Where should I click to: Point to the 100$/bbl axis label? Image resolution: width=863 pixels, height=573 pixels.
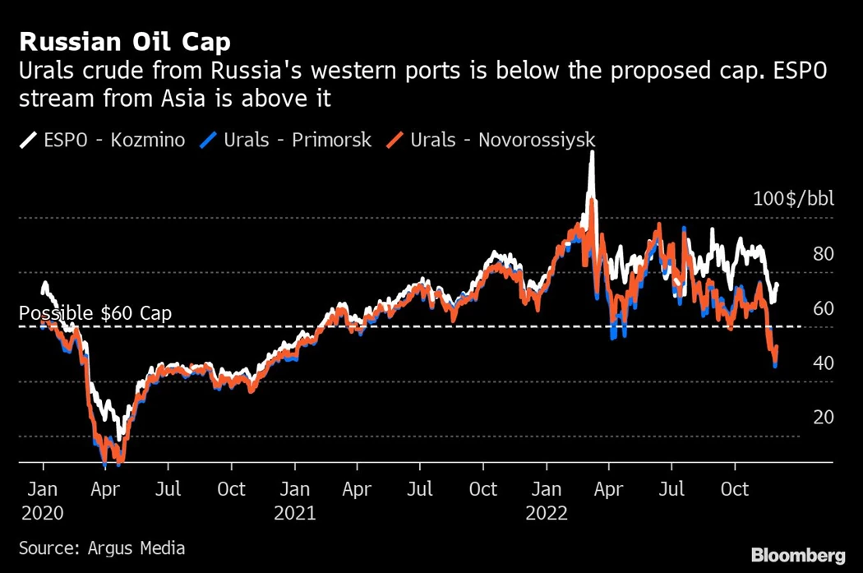coord(793,200)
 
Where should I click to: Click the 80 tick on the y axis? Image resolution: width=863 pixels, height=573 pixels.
coord(823,254)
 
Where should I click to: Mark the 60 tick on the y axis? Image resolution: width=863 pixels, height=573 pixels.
coord(823,309)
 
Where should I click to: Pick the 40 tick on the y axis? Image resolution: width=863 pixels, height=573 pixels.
coord(823,363)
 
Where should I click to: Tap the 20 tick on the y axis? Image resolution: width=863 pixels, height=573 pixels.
coord(823,418)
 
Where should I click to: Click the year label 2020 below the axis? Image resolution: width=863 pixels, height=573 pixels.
coord(43,513)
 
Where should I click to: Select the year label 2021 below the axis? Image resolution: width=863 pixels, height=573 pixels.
coord(294,513)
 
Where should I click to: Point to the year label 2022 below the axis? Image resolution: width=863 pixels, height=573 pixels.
coord(547,513)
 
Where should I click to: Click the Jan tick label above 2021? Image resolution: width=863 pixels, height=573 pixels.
coord(294,490)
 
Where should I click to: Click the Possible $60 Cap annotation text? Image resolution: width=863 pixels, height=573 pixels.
coord(95,314)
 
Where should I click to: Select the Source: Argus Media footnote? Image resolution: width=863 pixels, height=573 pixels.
coord(102,548)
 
